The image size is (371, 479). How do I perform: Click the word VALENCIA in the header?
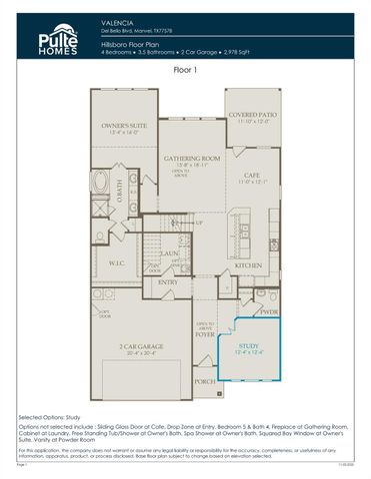coord(118,21)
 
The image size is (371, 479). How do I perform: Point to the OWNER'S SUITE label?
coord(123,126)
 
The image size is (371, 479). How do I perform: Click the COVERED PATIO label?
coord(251,115)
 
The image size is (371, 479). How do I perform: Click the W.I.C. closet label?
coord(115,263)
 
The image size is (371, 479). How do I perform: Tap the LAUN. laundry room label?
coord(169,253)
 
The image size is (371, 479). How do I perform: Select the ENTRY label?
coord(167,281)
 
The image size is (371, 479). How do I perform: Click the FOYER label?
coord(205,336)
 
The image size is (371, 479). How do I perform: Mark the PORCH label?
coord(205,380)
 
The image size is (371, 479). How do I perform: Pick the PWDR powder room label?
coord(267,310)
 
